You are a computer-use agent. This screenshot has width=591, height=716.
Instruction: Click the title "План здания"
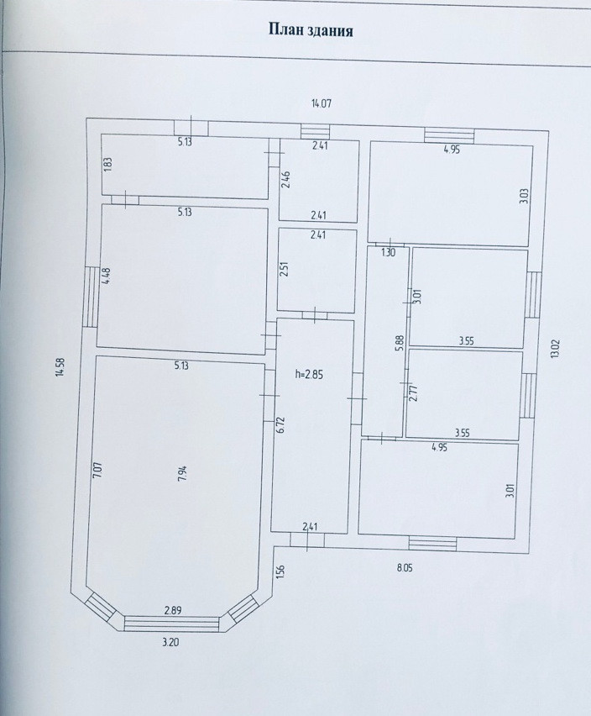click(x=310, y=31)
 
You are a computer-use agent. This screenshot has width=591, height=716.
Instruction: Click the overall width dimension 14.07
click(x=322, y=104)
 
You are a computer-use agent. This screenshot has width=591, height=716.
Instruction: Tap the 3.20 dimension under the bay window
click(x=170, y=642)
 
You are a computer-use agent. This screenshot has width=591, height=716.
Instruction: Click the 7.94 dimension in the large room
click(x=181, y=472)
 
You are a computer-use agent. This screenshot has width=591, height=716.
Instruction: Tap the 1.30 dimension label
click(x=387, y=252)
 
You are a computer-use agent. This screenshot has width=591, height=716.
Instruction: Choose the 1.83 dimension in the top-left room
click(x=107, y=165)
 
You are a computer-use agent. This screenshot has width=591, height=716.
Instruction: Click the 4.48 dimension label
click(x=107, y=276)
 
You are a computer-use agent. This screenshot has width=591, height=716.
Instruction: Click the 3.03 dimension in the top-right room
click(x=523, y=197)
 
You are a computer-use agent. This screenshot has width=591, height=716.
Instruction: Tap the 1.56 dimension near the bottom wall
click(x=280, y=571)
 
